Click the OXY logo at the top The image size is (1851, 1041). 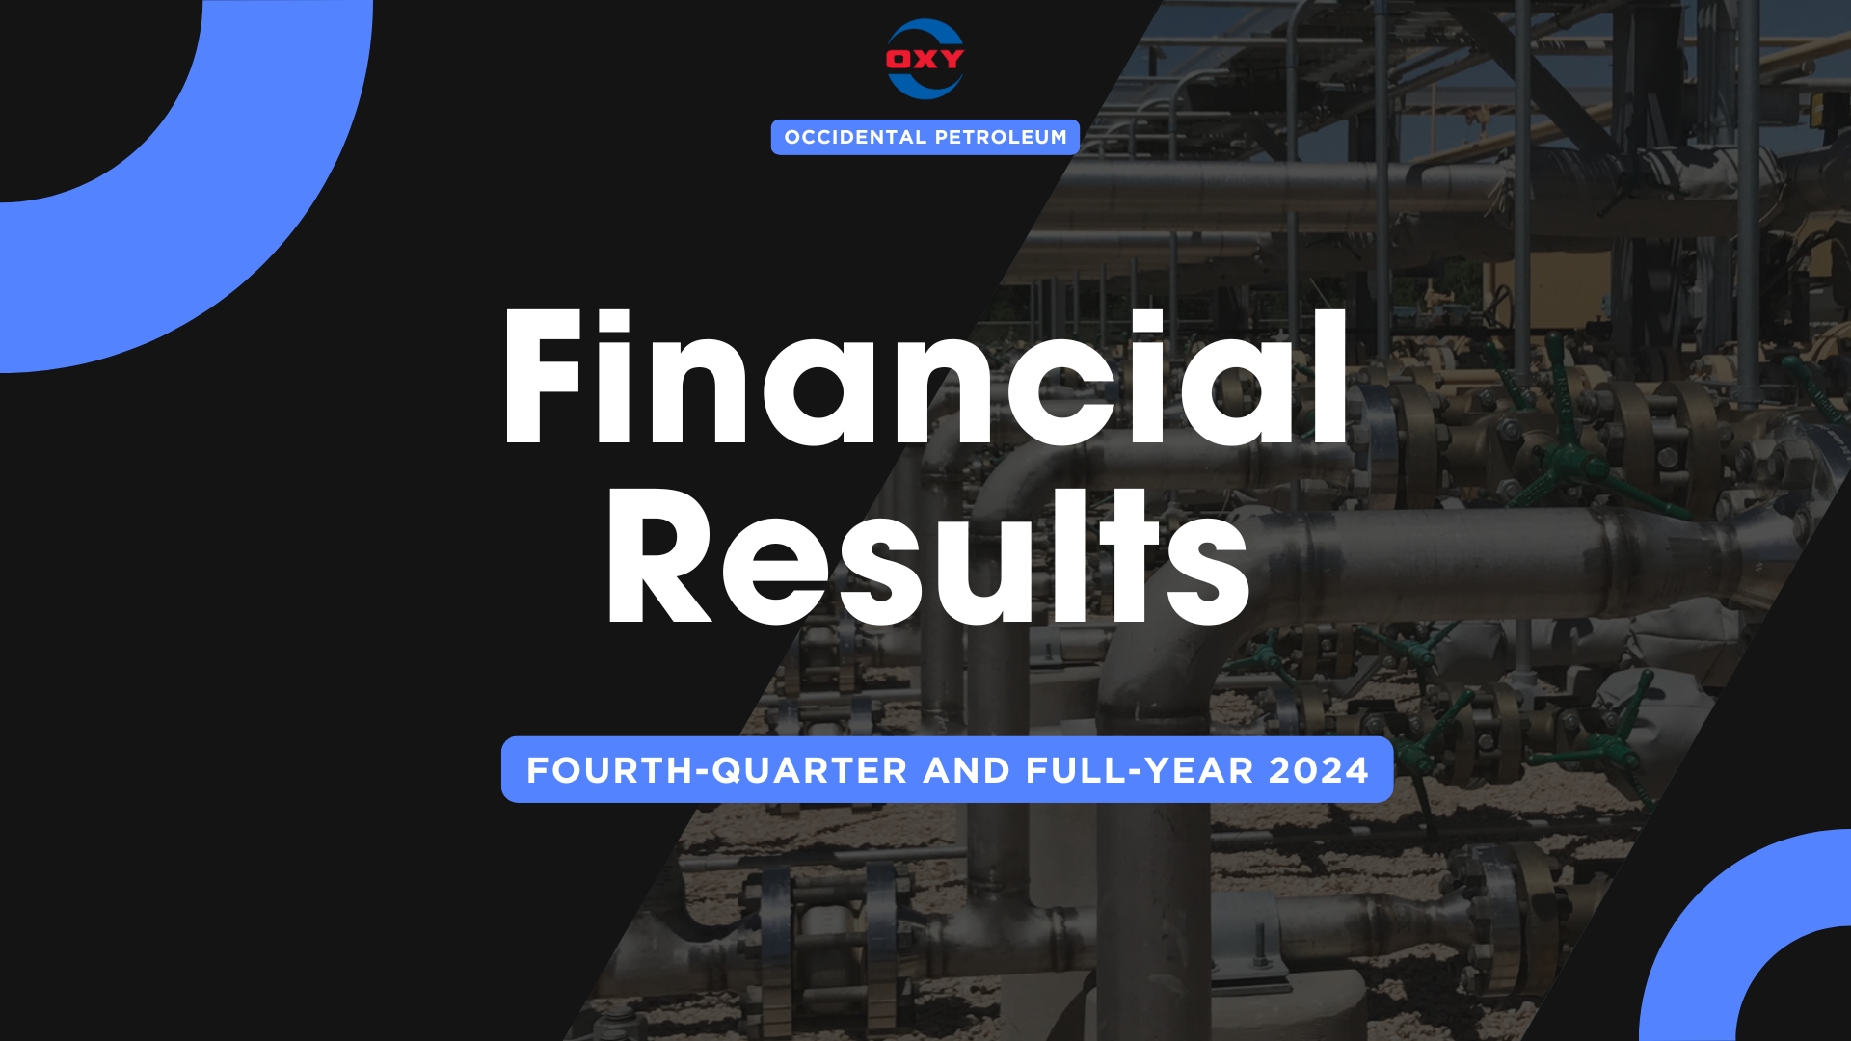pos(925,59)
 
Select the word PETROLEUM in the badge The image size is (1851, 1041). pos(1001,137)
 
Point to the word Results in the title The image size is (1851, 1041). pos(928,555)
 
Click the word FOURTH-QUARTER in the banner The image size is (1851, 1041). pos(716,770)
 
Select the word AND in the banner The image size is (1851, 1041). pos(966,770)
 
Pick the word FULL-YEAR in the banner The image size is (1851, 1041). pos(1140,770)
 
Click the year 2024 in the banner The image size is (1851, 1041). pos(1319,770)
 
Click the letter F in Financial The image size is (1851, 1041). pos(543,378)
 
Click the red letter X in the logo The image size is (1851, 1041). pos(925,59)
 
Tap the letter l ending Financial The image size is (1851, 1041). pos(1330,377)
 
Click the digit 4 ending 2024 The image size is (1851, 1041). pos(1356,770)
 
